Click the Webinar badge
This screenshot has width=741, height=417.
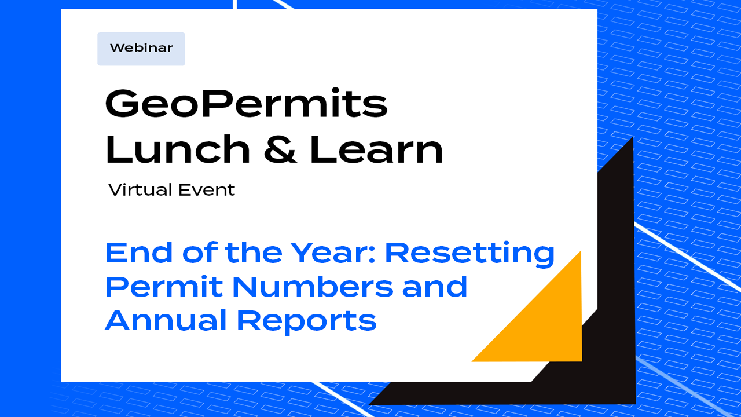(141, 49)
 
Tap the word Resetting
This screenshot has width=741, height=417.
(469, 254)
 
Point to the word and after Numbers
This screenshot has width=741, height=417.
(434, 287)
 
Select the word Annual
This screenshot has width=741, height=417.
(164, 320)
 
